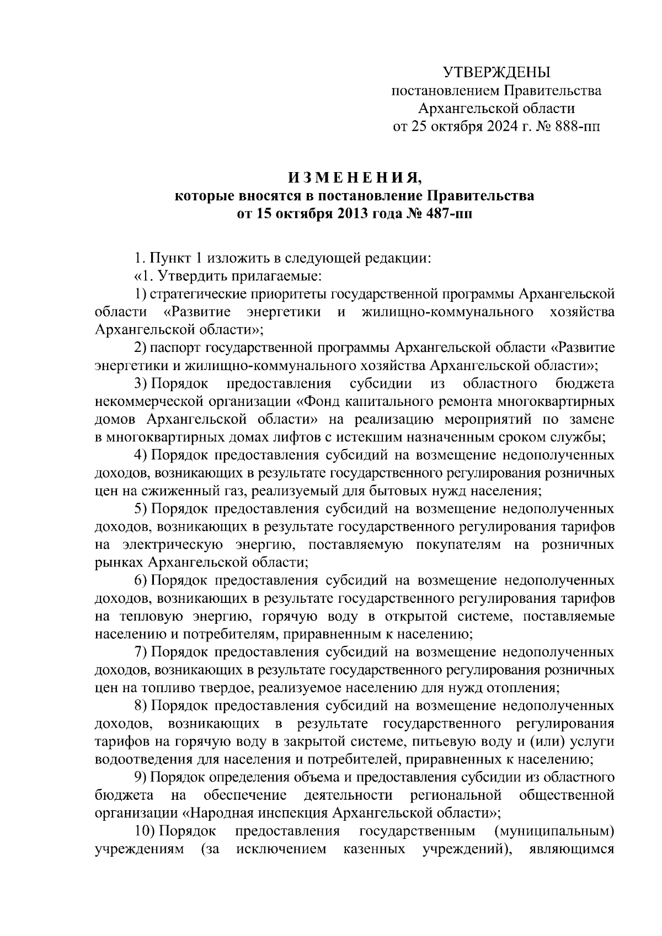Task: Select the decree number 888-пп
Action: coord(575,127)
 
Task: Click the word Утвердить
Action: coord(202,276)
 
